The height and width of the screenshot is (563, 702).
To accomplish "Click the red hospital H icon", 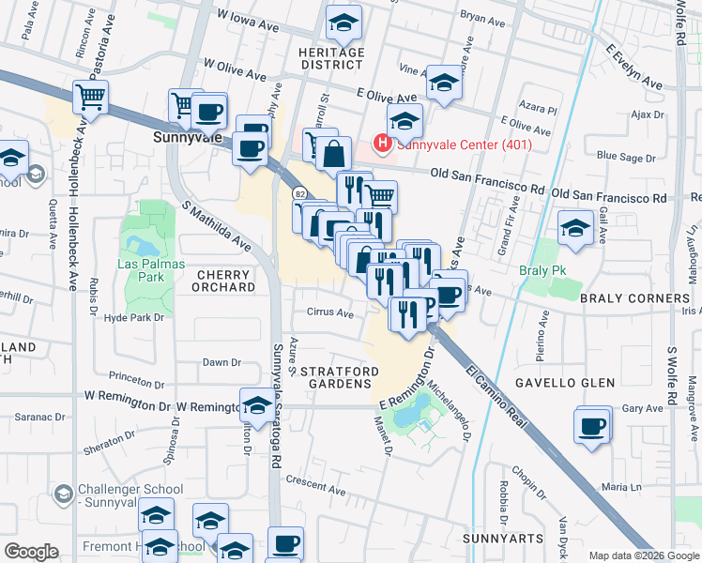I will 382,145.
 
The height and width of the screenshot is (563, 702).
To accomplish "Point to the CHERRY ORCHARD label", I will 212,281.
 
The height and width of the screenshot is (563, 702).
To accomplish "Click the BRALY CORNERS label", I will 634,298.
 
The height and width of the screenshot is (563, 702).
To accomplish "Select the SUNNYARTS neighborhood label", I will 503,540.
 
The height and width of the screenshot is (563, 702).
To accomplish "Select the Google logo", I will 32,552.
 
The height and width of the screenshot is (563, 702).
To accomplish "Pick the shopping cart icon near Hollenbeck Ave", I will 89,96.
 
